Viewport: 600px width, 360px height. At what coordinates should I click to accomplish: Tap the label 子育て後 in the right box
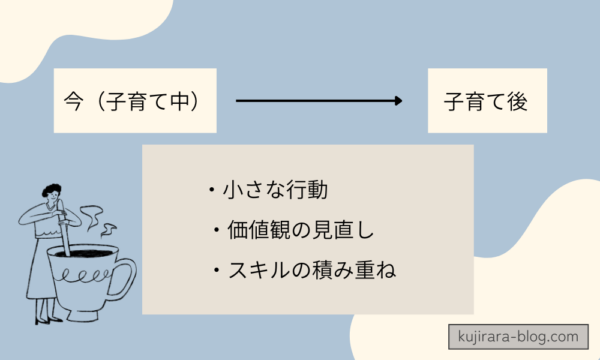tap(485, 101)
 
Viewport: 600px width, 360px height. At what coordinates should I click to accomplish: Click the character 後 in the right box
tap(515, 101)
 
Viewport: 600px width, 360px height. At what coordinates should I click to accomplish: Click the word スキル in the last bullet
tap(245, 270)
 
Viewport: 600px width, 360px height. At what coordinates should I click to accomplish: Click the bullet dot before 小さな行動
tap(212, 190)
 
